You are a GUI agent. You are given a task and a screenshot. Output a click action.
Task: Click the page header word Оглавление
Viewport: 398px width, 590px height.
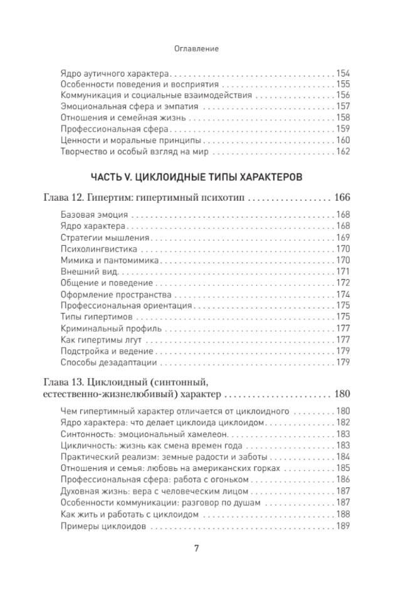tap(198, 47)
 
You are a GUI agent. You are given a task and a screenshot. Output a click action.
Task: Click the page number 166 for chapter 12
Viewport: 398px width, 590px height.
tap(341, 198)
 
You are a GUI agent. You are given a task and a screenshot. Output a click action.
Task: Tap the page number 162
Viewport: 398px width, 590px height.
tap(343, 152)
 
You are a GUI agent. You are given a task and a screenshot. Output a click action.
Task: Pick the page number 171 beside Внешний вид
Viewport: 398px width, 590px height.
tap(343, 271)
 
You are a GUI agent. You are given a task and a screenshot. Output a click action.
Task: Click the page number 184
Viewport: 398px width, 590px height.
tap(343, 456)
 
